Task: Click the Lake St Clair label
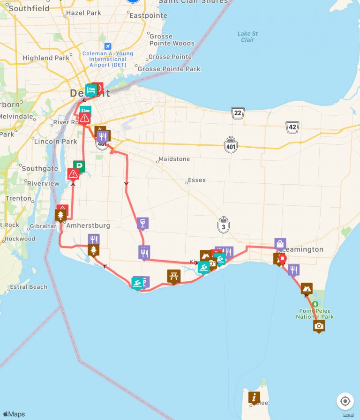(x=247, y=37)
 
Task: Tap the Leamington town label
(x=304, y=249)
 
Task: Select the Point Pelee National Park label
(x=315, y=314)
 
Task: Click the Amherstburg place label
(x=88, y=225)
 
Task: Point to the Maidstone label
(x=174, y=159)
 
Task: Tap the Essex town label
(x=197, y=180)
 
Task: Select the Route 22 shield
(x=238, y=112)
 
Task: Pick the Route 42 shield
(x=292, y=127)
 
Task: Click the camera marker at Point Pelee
(x=319, y=326)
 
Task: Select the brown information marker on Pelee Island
(x=254, y=397)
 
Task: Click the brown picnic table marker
(x=174, y=276)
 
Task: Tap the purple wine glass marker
(x=143, y=223)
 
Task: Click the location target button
(x=345, y=401)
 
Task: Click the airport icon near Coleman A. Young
(x=108, y=46)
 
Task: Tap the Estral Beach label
(x=29, y=287)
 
